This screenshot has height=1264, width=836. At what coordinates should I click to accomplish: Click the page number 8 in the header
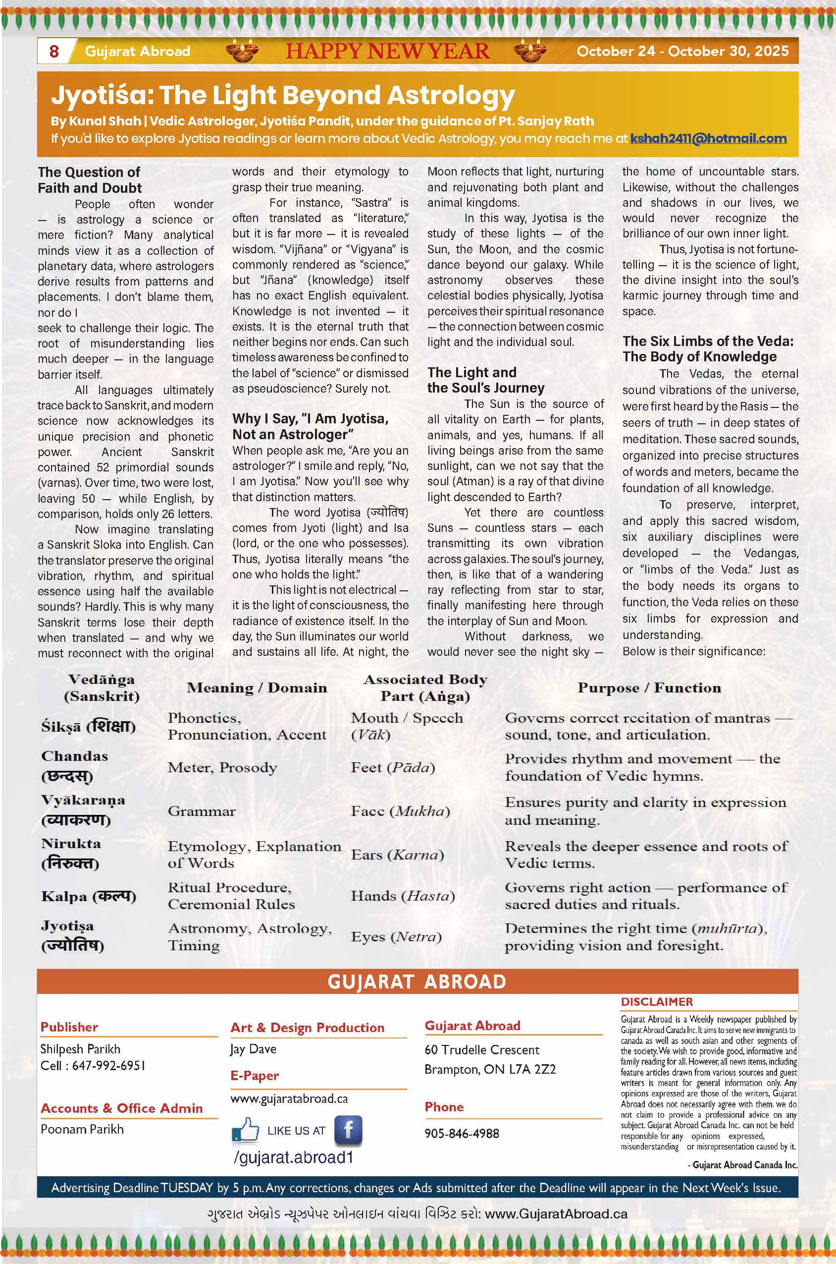pyautogui.click(x=54, y=51)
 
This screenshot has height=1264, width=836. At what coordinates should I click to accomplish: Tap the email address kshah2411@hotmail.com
pyautogui.click(x=708, y=139)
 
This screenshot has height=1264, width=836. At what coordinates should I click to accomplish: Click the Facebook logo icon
pyautogui.click(x=348, y=1130)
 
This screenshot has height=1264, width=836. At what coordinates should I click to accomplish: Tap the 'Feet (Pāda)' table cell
pyautogui.click(x=392, y=767)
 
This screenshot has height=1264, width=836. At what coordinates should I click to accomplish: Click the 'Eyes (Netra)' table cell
pyautogui.click(x=396, y=937)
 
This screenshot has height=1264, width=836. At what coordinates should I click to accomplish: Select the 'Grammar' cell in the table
pyautogui.click(x=201, y=811)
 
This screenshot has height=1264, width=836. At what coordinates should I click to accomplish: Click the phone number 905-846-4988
pyautogui.click(x=462, y=1133)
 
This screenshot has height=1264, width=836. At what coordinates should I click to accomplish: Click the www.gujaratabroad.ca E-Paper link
pyautogui.click(x=289, y=1098)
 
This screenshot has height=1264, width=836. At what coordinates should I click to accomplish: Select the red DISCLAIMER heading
pyautogui.click(x=657, y=1002)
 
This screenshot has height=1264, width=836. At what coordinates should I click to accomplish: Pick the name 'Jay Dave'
pyautogui.click(x=253, y=1049)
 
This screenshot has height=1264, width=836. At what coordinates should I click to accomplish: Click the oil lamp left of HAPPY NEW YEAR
pyautogui.click(x=242, y=52)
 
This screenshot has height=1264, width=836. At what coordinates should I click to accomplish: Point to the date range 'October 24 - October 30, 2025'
pyautogui.click(x=682, y=51)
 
